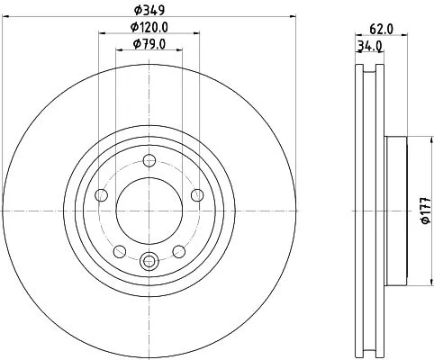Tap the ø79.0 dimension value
click(149, 43)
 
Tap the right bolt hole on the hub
click(198, 194)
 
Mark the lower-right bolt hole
click(180, 250)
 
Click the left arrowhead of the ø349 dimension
click(7, 17)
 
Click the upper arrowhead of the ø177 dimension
click(413, 140)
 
